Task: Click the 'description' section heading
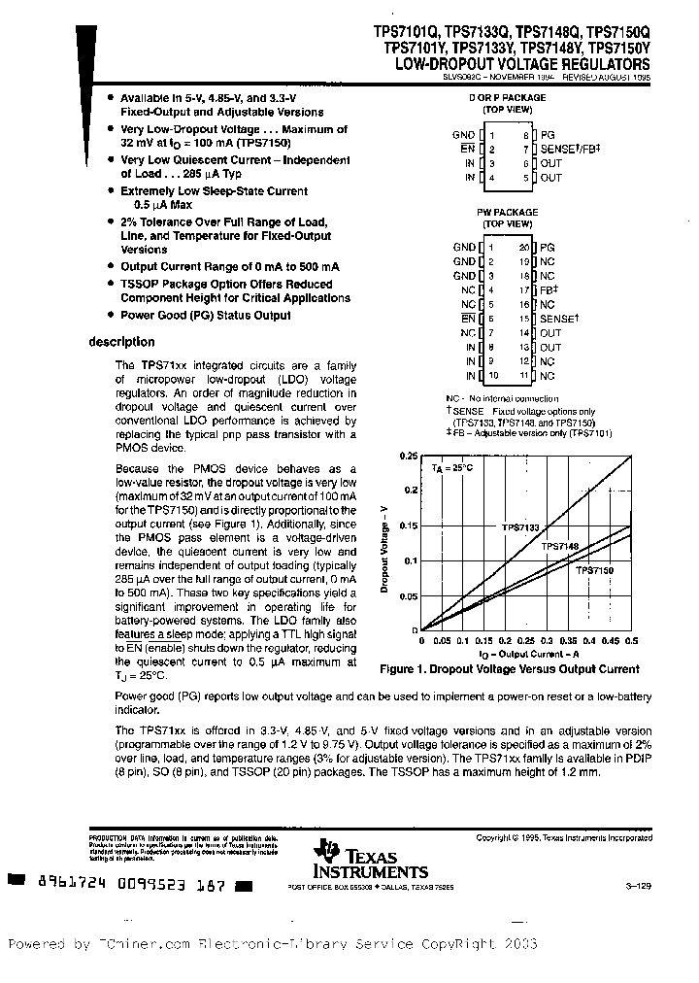[x=121, y=342]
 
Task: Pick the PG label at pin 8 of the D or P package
[x=549, y=135]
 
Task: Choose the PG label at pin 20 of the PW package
[x=549, y=248]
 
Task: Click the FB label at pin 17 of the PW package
[x=549, y=289]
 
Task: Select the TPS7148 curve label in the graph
[x=559, y=548]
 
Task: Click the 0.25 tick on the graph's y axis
[x=409, y=456]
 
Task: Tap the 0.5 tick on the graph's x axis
[x=631, y=641]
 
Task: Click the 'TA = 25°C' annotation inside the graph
[x=451, y=468]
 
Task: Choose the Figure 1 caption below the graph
[x=509, y=669]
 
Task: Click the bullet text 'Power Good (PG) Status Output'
[x=205, y=315]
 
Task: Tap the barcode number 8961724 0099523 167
[x=131, y=886]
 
